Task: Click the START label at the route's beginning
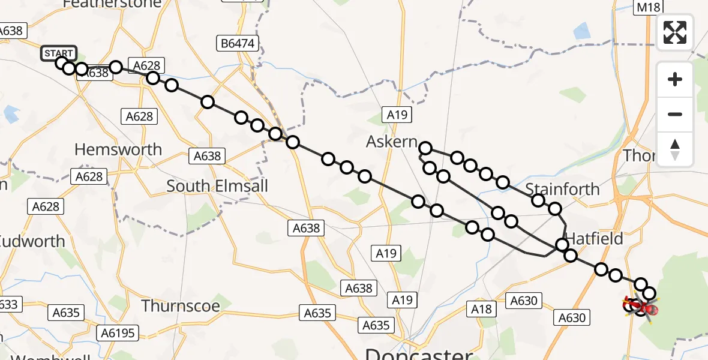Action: (59, 53)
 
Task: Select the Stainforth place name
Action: (562, 189)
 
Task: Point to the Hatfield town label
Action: (594, 239)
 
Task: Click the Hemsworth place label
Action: (118, 149)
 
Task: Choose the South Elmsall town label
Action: (217, 186)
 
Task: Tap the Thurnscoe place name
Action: (181, 306)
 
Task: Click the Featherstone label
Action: (112, 4)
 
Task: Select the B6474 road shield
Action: (236, 43)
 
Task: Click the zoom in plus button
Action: (675, 79)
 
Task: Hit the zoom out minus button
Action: (675, 114)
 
